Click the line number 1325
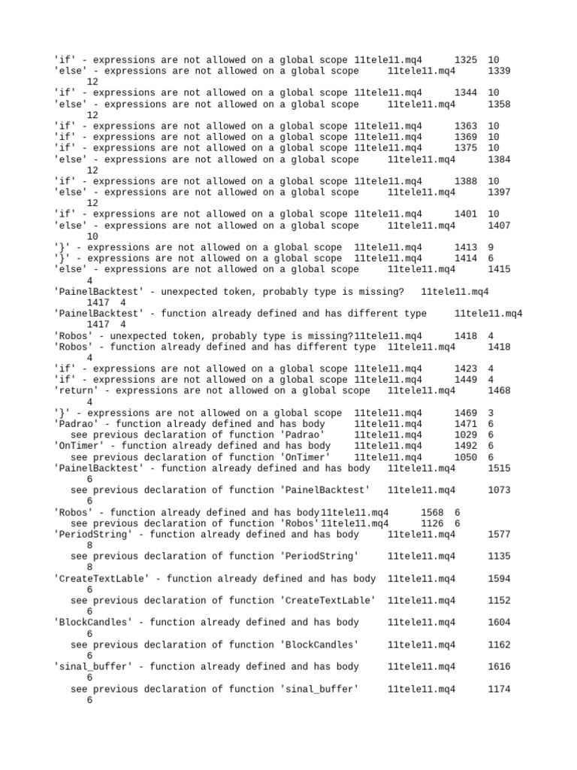point(466,59)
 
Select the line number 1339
point(499,71)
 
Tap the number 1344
point(466,92)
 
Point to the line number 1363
point(466,126)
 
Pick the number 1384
point(499,159)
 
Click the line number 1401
point(466,214)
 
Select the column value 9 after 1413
point(491,247)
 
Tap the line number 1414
point(466,259)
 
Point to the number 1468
point(499,391)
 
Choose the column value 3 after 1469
point(491,413)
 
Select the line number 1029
point(466,435)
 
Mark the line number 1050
point(466,457)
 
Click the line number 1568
point(433,513)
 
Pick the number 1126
point(433,523)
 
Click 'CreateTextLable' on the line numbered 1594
point(101,579)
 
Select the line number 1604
point(499,623)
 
